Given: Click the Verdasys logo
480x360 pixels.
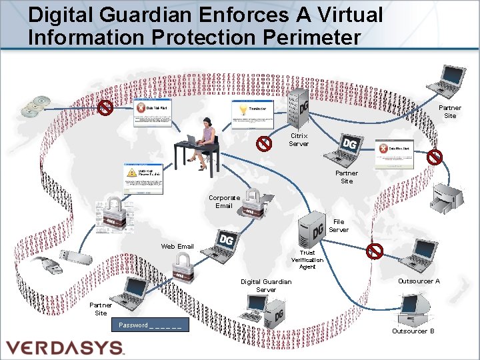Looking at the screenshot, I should [65, 347].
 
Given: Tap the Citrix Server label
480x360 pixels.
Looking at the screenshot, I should [299, 139].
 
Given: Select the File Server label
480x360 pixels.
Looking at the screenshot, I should [338, 225].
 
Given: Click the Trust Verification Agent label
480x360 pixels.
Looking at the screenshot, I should [307, 260].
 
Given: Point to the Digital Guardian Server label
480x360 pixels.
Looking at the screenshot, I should [266, 285].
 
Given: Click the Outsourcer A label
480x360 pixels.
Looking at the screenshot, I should [419, 281].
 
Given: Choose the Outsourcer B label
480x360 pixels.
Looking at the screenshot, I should [413, 331].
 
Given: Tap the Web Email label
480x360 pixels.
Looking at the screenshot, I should [177, 246].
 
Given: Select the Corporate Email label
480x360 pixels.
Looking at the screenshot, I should [224, 201].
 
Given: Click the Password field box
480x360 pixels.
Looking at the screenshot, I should [150, 325].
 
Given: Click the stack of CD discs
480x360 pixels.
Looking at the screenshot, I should [35, 106].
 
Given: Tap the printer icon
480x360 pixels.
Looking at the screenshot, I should [449, 194].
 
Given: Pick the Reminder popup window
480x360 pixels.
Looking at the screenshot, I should [252, 114].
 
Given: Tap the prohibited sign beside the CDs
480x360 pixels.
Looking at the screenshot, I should [105, 107].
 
